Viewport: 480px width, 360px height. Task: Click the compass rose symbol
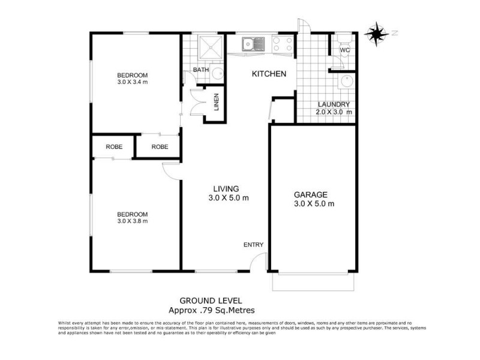coord(376,34)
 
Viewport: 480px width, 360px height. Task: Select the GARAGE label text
coord(310,194)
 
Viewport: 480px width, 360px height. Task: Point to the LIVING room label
coord(228,189)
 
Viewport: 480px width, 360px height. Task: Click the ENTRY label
coord(253,244)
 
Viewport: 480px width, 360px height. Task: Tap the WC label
coord(344,50)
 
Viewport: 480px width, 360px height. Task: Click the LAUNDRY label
coord(333,104)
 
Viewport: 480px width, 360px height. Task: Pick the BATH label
coord(200,70)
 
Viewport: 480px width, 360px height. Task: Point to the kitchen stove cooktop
coord(283,44)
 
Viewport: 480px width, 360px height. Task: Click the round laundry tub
coord(346,83)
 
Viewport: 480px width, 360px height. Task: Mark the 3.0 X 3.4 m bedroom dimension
coord(132,82)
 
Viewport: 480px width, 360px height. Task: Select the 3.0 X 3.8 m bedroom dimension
coord(132,221)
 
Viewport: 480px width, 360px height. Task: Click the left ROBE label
coord(114,147)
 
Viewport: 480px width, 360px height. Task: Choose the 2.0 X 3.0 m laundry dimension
coord(334,112)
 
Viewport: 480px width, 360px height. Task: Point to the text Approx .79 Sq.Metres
coord(212,310)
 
